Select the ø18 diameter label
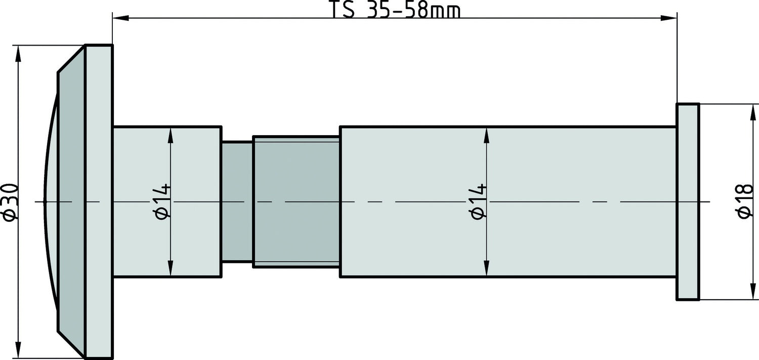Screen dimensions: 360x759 point(745,202)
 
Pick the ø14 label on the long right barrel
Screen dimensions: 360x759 point(478,202)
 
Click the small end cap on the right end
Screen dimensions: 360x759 point(688,202)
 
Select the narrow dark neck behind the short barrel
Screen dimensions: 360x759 point(237,202)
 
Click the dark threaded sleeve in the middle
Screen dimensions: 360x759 point(296,202)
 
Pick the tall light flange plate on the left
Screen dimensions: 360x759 point(99,202)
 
